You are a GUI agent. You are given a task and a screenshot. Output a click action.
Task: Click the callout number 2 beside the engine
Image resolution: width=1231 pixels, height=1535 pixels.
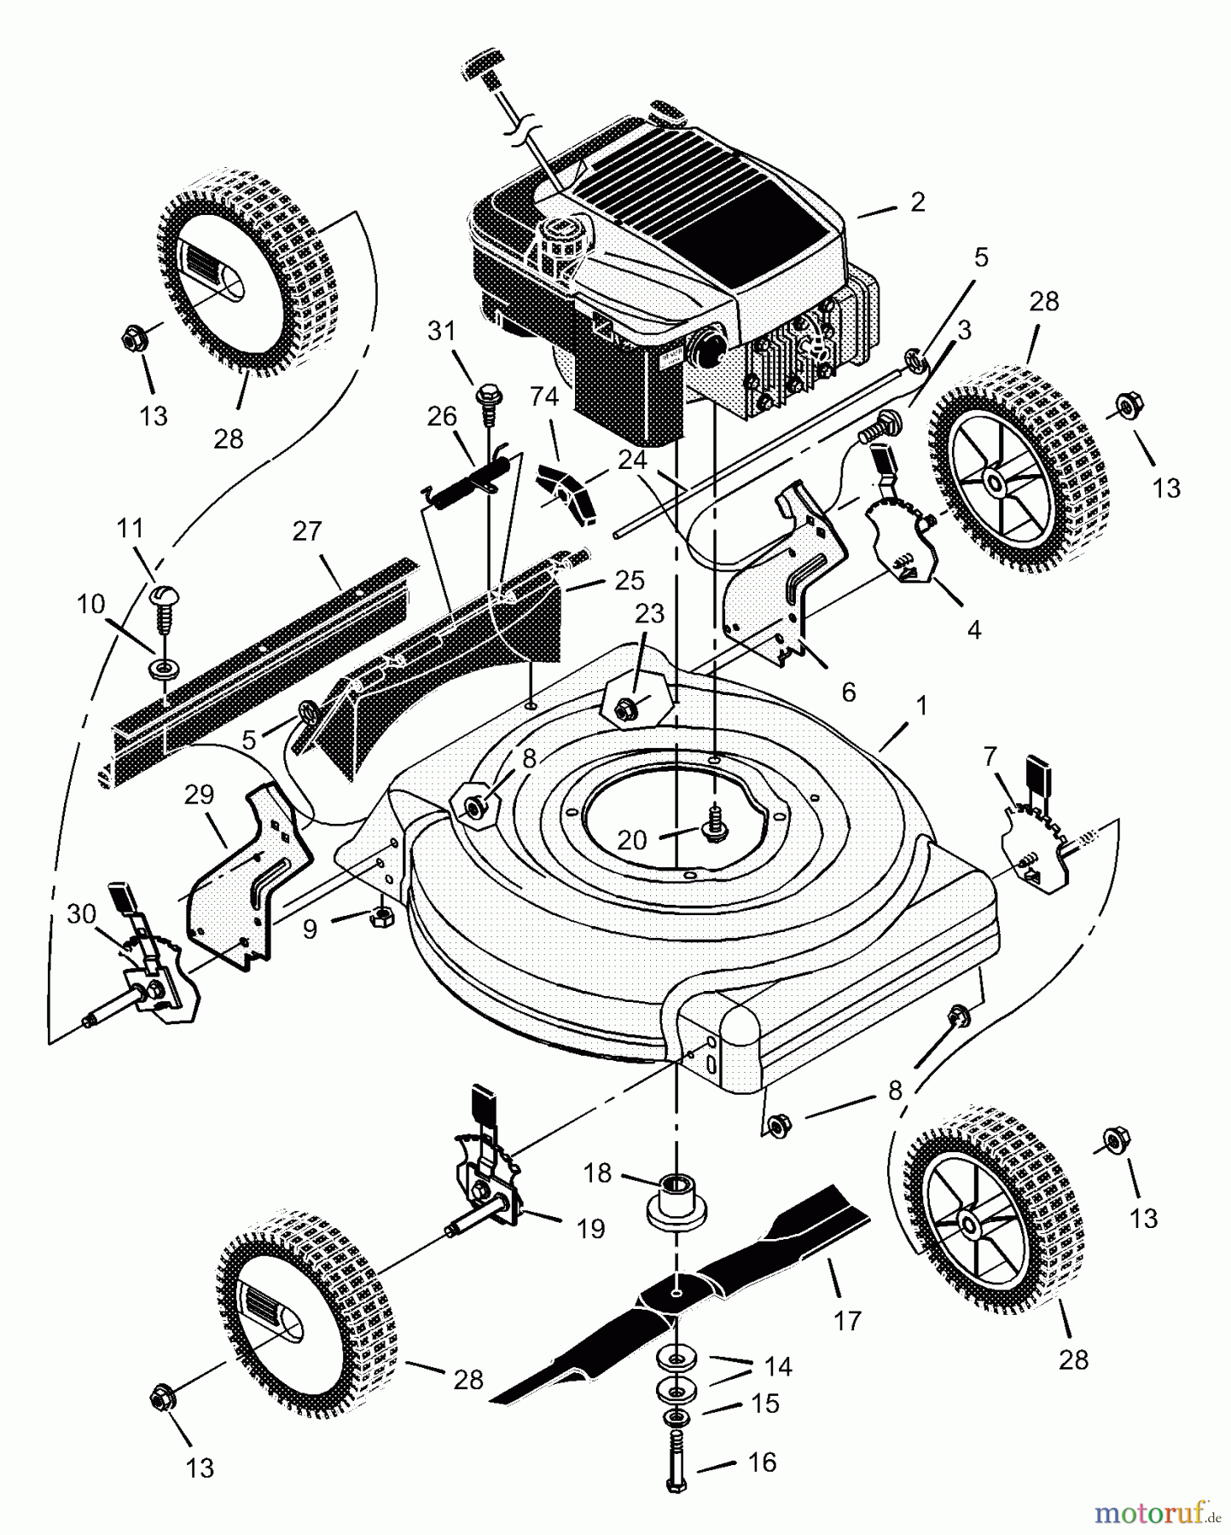click(x=917, y=203)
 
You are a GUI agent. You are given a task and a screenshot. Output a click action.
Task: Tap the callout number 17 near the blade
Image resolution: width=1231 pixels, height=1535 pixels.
click(x=847, y=1321)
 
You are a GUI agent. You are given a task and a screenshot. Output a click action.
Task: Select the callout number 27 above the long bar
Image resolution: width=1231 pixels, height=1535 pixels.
click(x=307, y=531)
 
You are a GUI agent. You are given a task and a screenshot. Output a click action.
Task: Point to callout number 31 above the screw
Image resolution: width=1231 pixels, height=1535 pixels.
click(x=442, y=331)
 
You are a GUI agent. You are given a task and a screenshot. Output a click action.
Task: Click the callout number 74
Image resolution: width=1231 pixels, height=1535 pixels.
click(x=543, y=397)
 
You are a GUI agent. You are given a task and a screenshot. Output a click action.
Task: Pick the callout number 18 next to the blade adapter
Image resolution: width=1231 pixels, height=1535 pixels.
click(x=598, y=1173)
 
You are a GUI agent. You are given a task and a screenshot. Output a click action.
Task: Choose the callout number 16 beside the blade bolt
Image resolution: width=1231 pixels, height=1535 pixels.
click(x=762, y=1463)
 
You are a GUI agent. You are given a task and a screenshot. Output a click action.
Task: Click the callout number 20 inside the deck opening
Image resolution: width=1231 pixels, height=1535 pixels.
click(x=632, y=841)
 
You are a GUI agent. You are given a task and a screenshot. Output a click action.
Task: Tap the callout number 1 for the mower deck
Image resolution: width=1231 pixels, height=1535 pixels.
click(x=920, y=707)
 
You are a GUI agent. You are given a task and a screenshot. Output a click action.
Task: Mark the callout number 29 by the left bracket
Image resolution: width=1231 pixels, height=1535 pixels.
click(x=199, y=795)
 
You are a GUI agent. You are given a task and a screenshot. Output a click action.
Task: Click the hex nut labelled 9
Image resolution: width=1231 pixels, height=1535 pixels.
click(x=379, y=918)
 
